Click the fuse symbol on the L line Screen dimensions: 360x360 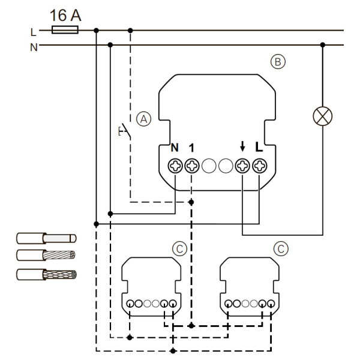tap(64, 29)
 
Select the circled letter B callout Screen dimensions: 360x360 tap(278, 61)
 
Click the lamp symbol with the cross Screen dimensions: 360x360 tap(323, 116)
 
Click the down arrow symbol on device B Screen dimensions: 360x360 tap(242, 146)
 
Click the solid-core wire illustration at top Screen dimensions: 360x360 tap(45, 239)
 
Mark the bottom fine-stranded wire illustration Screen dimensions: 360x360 tap(45, 276)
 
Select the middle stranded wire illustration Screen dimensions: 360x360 tap(45, 257)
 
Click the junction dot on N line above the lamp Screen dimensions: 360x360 tap(323, 44)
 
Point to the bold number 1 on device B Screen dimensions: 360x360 tap(191, 147)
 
